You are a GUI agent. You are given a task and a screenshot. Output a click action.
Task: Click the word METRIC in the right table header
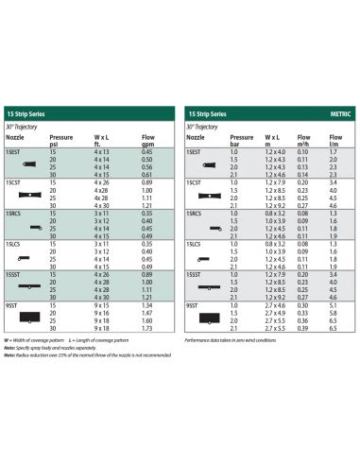(x=338, y=113)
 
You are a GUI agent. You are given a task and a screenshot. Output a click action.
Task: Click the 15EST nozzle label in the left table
(x=14, y=151)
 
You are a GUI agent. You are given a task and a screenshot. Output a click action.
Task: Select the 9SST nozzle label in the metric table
(x=193, y=305)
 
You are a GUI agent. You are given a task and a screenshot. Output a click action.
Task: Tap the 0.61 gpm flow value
(x=146, y=176)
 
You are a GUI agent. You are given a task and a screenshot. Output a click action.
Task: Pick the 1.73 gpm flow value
(x=146, y=329)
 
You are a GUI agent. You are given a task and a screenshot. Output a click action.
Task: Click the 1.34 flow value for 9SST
(x=146, y=305)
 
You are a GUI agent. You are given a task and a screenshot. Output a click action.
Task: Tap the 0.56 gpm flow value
(x=146, y=167)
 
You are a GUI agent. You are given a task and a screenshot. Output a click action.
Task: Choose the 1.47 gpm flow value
(x=146, y=313)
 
